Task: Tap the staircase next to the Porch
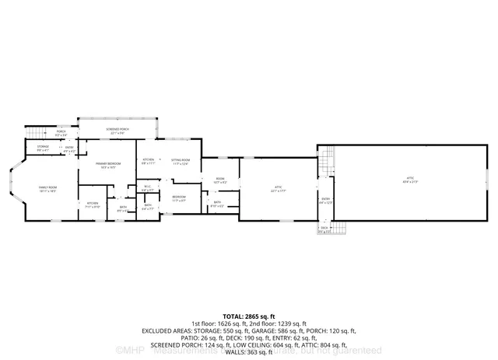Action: click(x=38, y=133)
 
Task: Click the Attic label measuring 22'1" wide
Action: click(x=277, y=188)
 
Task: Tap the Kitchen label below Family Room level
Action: click(x=93, y=204)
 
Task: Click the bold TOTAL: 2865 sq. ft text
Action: click(x=248, y=316)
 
